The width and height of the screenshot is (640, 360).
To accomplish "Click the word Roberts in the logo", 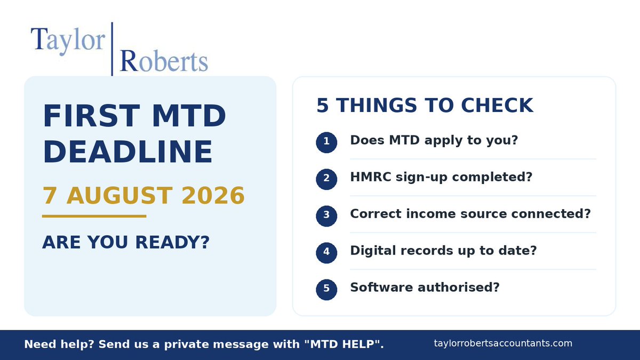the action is [x=164, y=61].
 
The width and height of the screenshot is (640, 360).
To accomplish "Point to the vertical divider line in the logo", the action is [x=112, y=49].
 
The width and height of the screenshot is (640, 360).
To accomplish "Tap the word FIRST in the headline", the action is [x=91, y=116].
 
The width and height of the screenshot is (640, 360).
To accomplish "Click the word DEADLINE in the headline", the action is [x=127, y=152].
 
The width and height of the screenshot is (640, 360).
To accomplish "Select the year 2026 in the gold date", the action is [x=213, y=196].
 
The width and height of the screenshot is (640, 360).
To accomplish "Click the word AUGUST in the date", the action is [x=119, y=196].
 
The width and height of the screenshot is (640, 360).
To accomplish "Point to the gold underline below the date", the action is [x=94, y=217].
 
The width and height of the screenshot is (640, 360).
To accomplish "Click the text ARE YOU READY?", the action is [x=126, y=242].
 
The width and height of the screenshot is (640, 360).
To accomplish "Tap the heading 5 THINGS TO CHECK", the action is [x=425, y=105].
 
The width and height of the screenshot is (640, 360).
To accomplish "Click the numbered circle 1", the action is [x=326, y=142].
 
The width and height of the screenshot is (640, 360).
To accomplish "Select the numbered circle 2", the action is [x=326, y=179].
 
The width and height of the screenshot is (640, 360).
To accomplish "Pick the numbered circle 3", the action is [x=326, y=216].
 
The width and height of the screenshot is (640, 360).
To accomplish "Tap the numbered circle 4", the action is [x=326, y=253].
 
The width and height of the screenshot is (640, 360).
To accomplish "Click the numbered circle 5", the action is [x=326, y=290].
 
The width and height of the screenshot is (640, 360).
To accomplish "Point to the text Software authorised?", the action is [x=425, y=287].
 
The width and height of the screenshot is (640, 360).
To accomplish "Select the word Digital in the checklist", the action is [x=373, y=251].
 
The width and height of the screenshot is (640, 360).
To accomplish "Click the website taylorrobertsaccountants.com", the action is [x=503, y=343].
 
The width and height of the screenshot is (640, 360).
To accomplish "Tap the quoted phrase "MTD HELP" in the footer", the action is [x=342, y=344].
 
